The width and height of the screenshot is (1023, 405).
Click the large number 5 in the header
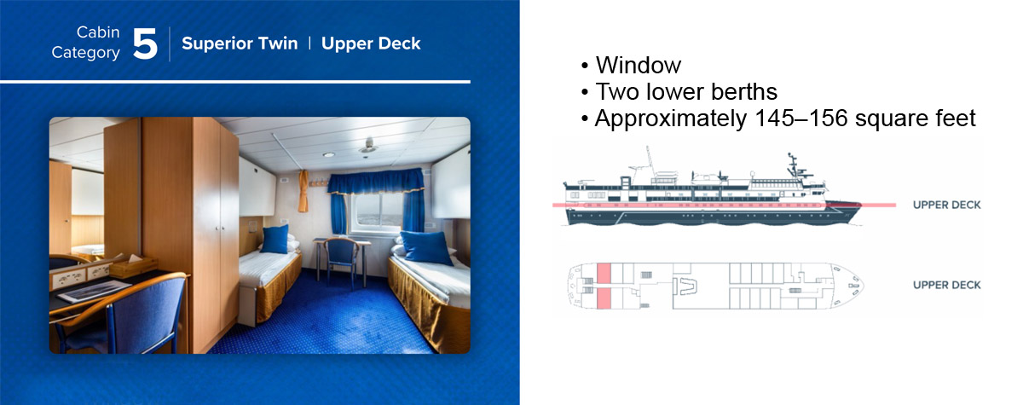click(x=145, y=43)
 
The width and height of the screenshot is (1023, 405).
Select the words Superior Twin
click(x=240, y=43)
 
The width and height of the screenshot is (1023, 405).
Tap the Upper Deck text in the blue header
click(x=371, y=43)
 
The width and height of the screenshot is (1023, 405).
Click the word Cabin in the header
click(x=98, y=32)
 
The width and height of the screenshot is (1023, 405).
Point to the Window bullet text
click(x=638, y=65)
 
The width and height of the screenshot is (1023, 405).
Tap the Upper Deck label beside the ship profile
click(x=947, y=205)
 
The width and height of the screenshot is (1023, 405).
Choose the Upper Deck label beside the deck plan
click(x=947, y=285)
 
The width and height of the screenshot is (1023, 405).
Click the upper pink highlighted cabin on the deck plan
click(x=604, y=274)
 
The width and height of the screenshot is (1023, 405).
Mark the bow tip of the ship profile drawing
click(x=861, y=205)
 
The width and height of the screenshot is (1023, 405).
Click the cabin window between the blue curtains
click(x=375, y=210)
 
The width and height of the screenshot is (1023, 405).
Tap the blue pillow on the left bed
click(x=275, y=239)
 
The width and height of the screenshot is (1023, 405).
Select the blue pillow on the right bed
click(x=427, y=247)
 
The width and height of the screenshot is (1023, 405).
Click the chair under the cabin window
click(x=342, y=262)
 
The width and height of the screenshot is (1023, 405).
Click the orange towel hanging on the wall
click(x=303, y=191)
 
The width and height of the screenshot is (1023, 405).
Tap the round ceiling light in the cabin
click(x=329, y=155)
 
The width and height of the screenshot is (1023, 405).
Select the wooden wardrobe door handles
click(x=220, y=227)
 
